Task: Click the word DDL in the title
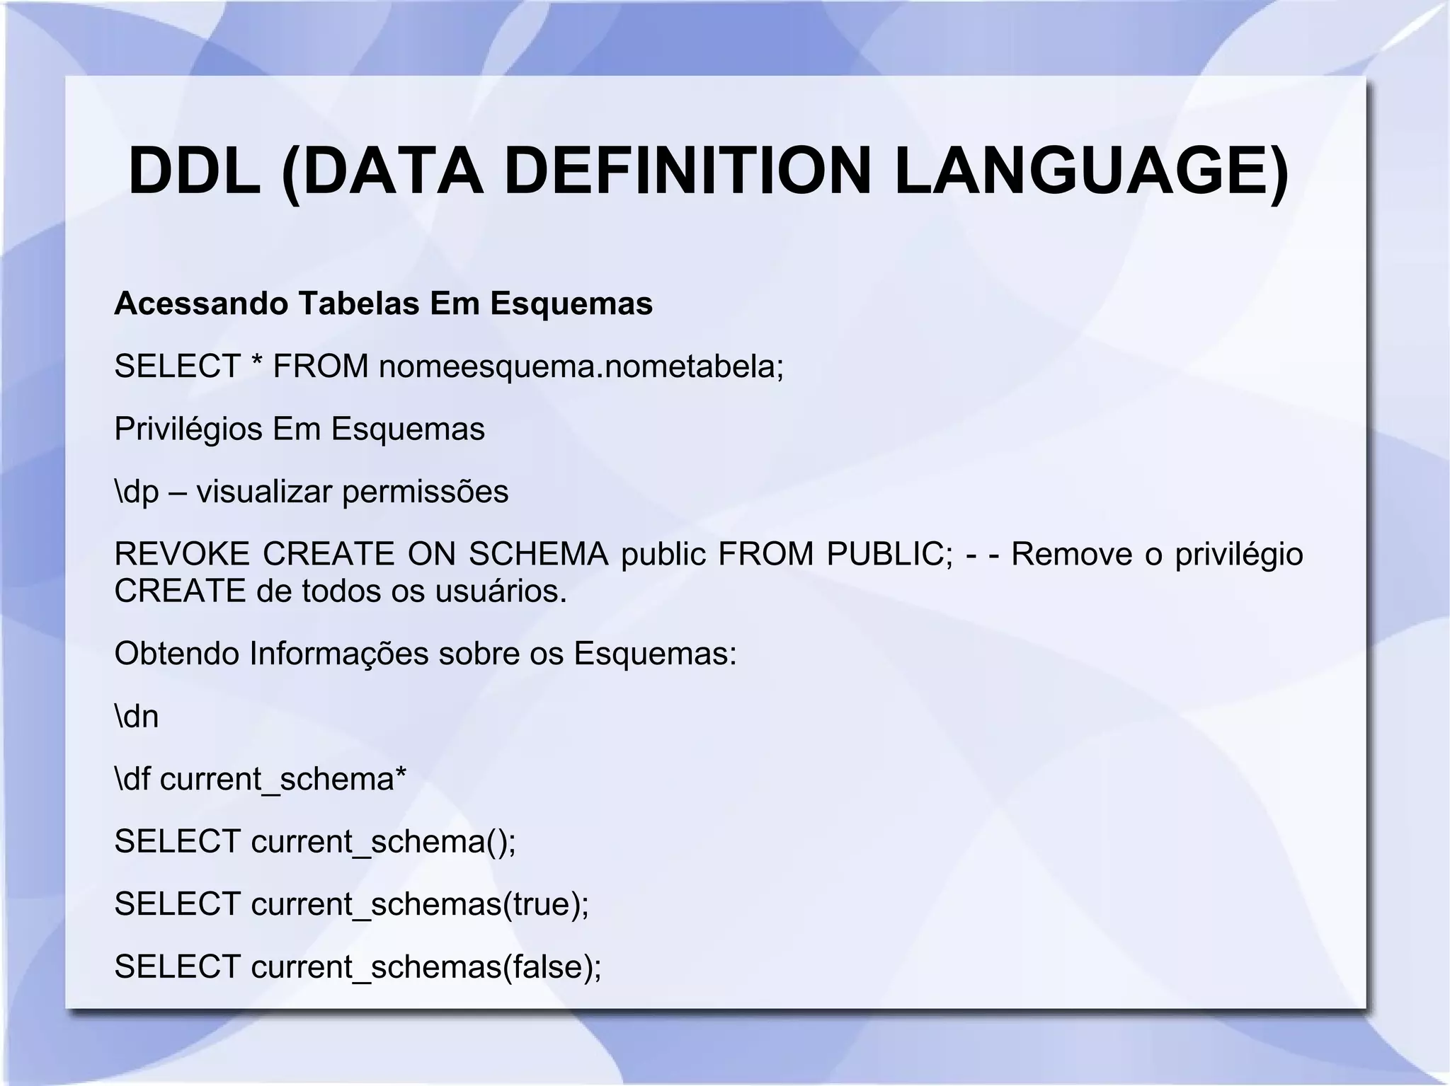click(194, 172)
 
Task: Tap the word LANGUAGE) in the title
click(1091, 172)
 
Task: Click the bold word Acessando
click(201, 304)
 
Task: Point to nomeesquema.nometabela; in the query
click(581, 366)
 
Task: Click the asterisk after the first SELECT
click(257, 364)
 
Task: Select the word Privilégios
click(188, 429)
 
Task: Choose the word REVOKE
click(182, 554)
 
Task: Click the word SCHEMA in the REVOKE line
click(538, 554)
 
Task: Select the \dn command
click(136, 717)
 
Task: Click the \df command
click(132, 779)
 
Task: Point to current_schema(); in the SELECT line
click(384, 842)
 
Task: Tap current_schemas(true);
click(420, 904)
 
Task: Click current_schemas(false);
click(426, 967)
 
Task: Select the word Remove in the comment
click(1072, 554)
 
